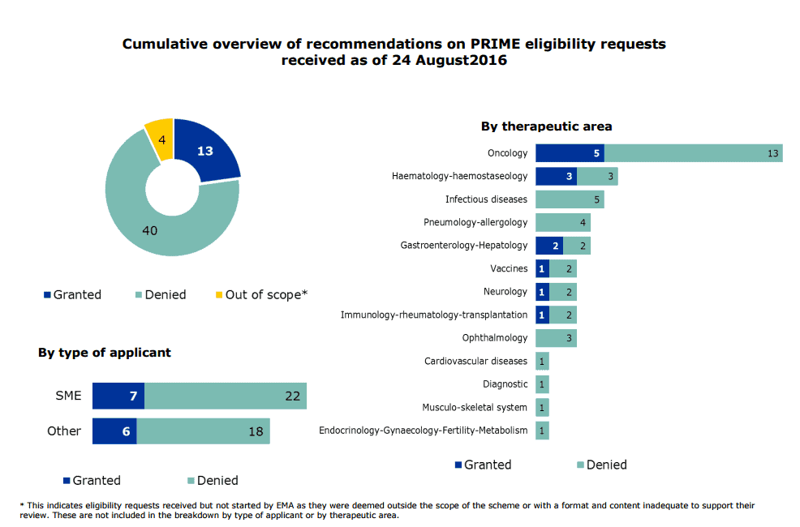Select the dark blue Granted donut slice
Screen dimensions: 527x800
pyautogui.click(x=204, y=152)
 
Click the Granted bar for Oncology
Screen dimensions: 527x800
pyautogui.click(x=570, y=153)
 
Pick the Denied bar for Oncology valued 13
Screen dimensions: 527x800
pyautogui.click(x=694, y=153)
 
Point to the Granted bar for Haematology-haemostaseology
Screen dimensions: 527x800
pyautogui.click(x=556, y=176)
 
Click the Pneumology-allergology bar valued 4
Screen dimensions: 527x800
pyautogui.click(x=563, y=222)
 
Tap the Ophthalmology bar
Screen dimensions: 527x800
pyautogui.click(x=556, y=337)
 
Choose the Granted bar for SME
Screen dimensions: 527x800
pyautogui.click(x=118, y=396)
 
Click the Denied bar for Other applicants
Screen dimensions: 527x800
pyautogui.click(x=203, y=431)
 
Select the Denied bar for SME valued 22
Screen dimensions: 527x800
pyautogui.click(x=226, y=396)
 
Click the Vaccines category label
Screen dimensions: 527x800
pyautogui.click(x=509, y=268)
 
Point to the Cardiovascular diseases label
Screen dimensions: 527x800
pyautogui.click(x=475, y=361)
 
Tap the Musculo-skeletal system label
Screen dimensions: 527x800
pyautogui.click(x=475, y=407)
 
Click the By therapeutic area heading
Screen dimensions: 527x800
pyautogui.click(x=546, y=126)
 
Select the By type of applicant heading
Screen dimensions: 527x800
pyautogui.click(x=105, y=353)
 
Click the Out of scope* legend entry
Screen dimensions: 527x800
pyautogui.click(x=261, y=295)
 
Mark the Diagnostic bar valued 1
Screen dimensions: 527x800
pyautogui.click(x=542, y=384)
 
